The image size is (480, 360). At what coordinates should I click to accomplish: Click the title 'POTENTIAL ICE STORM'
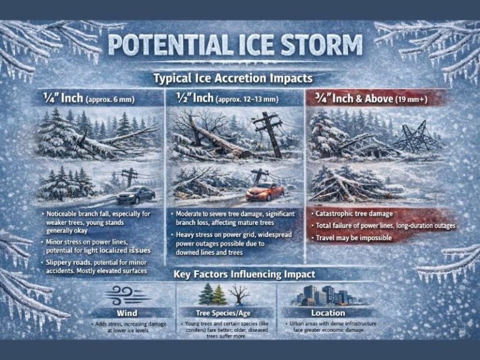[235, 46]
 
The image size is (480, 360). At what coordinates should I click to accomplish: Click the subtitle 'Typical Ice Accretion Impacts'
[233, 79]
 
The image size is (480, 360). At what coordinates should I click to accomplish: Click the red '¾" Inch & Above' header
[353, 98]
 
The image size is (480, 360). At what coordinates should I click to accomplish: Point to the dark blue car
[135, 194]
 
